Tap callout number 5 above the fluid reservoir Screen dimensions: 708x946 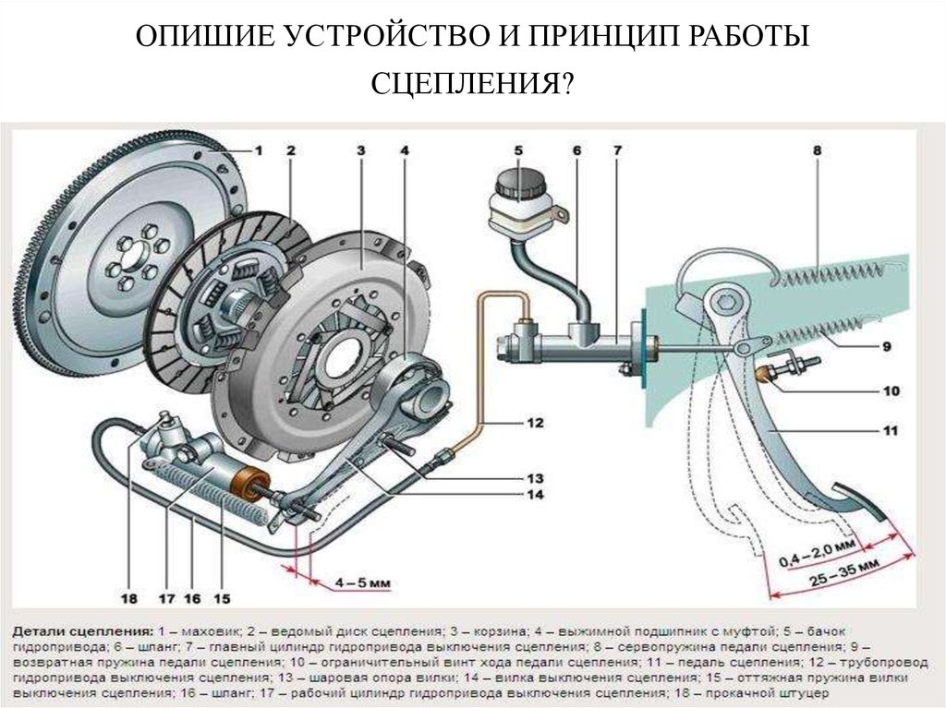point(518,150)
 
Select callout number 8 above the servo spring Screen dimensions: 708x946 point(818,150)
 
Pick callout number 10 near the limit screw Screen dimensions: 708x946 point(891,390)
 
